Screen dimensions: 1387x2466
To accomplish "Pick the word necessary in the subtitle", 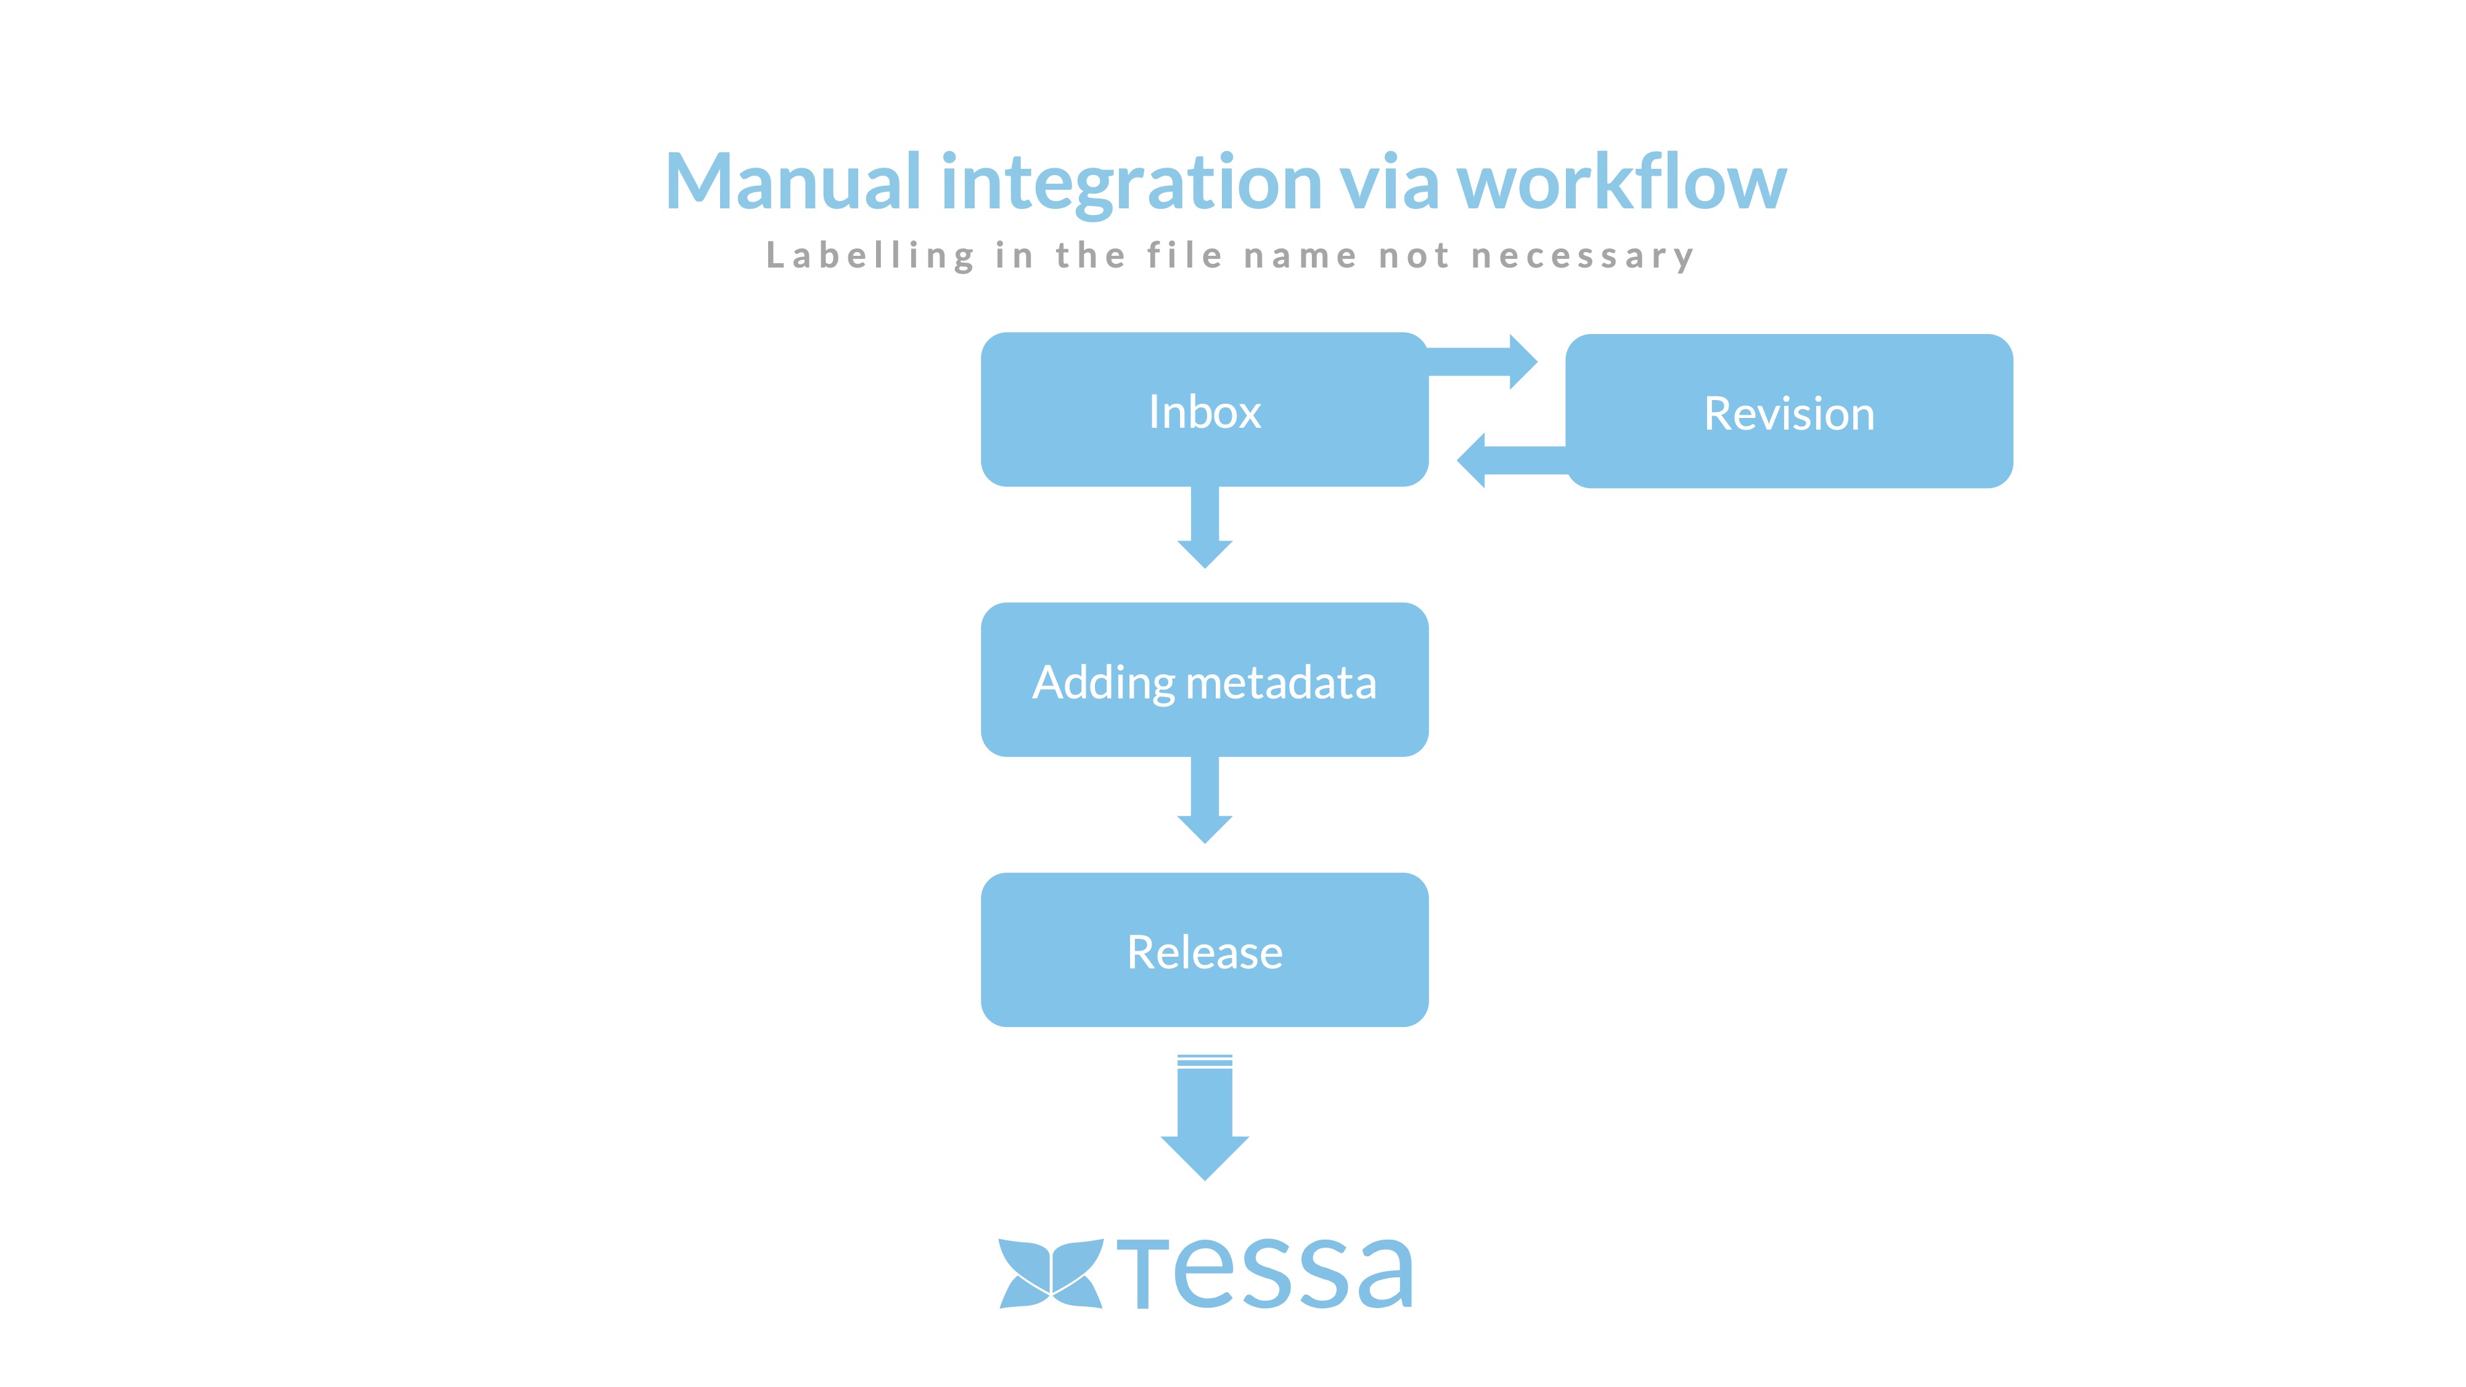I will tap(1583, 256).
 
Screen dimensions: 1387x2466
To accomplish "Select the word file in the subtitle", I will tap(1185, 256).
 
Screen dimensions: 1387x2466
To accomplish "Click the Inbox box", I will tap(1204, 410).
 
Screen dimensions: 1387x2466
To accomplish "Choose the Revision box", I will tap(1788, 412).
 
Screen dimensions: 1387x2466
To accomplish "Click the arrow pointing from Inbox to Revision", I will tap(1484, 362).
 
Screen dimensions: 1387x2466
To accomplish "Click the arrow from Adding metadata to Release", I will tap(1204, 800).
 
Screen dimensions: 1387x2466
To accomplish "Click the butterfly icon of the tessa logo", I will tap(1050, 1273).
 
